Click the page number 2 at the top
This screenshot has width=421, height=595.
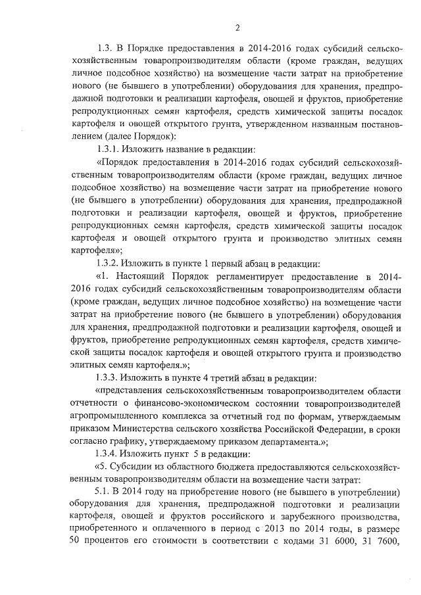pos(237,27)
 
